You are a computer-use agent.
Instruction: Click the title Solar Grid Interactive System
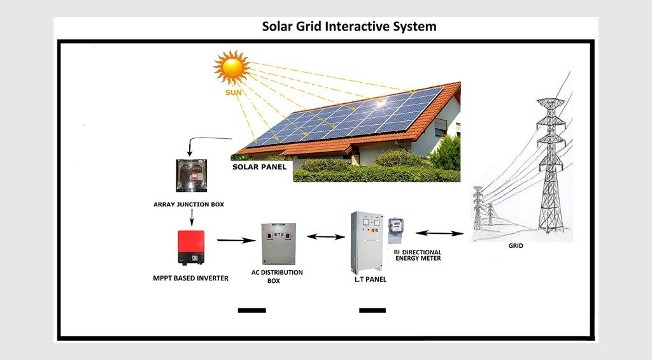[350, 27]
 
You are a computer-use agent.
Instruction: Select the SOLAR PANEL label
[259, 167]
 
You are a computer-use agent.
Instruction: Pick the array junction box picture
[190, 175]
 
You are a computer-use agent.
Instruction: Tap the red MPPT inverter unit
[191, 247]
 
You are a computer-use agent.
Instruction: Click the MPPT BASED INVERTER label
[190, 278]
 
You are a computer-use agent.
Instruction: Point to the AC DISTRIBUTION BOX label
[277, 276]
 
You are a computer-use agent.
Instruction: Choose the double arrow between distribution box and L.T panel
[326, 237]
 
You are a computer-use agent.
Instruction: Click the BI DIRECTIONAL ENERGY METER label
[418, 256]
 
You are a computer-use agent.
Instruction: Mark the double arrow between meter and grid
[439, 233]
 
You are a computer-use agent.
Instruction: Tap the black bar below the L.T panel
[372, 310]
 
